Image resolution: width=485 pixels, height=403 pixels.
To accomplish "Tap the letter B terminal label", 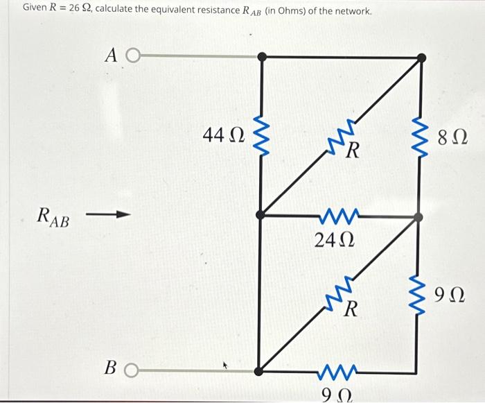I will [109, 367].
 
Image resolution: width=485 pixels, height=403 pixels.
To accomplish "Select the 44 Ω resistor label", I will [223, 135].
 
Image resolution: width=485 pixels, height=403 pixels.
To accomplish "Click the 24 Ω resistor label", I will [335, 240].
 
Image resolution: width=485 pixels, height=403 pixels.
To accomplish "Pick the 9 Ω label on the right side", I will [450, 297].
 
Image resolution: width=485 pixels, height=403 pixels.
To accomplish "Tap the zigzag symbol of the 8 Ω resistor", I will [418, 135].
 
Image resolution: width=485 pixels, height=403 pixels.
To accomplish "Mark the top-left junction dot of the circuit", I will [261, 57].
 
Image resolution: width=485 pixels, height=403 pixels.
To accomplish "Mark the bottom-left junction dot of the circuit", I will [259, 372].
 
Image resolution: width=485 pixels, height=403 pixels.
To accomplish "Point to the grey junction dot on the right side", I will [418, 217].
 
